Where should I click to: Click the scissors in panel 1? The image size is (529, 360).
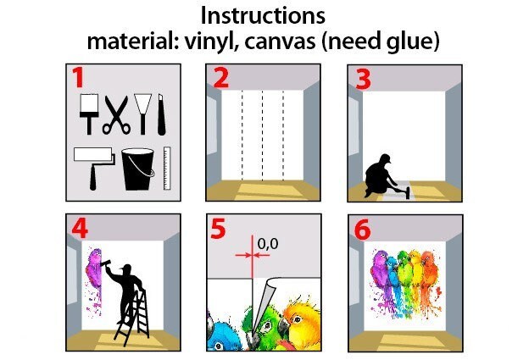[x=116, y=115]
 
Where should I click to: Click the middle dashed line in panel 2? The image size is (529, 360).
[x=262, y=131]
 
